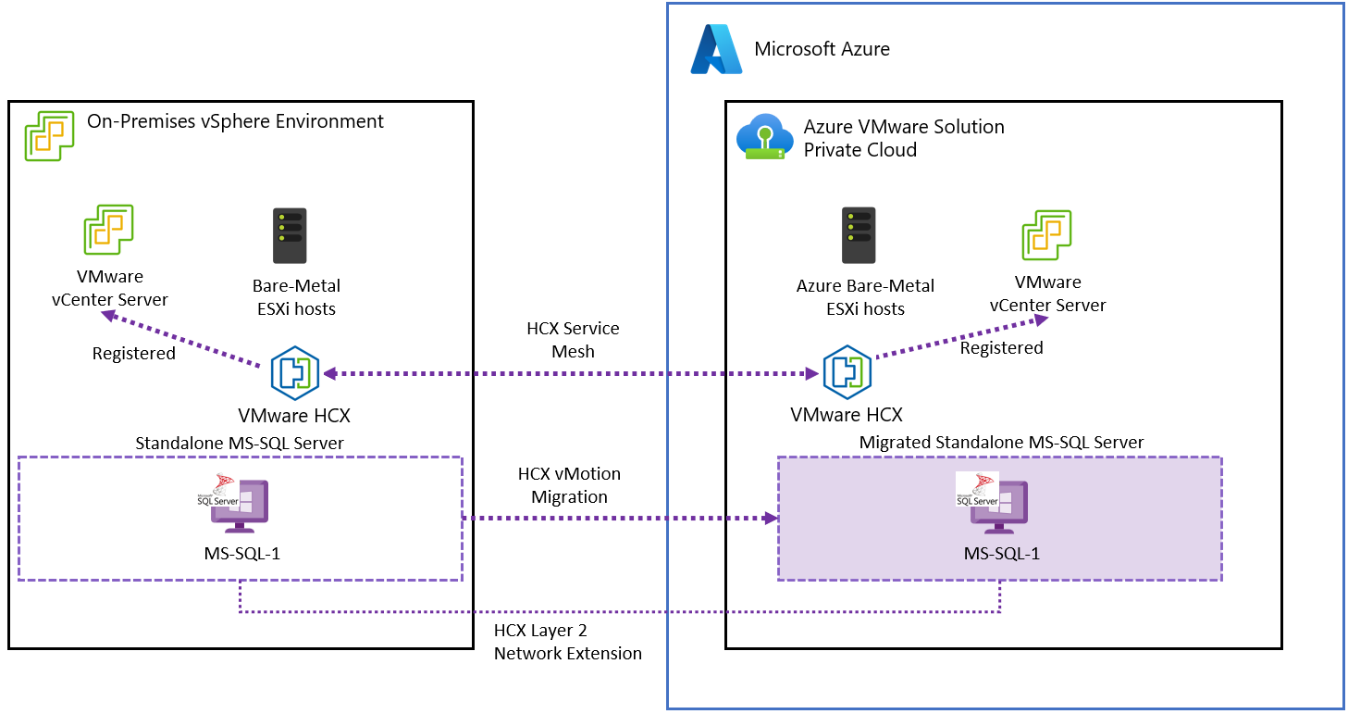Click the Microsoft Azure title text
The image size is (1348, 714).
coord(822,49)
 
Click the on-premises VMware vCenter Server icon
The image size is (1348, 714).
coord(109,230)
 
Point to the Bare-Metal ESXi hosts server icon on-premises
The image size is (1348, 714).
coord(290,235)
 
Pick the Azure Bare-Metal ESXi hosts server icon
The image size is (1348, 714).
coord(859,235)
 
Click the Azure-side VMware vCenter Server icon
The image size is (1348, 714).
coord(1046,235)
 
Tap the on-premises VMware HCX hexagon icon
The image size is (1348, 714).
coord(295,373)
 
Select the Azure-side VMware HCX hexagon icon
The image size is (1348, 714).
coord(847,373)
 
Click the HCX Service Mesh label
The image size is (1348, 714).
coord(573,340)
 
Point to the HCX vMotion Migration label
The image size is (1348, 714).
coord(569,485)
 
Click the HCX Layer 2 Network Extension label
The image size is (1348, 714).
coord(567,642)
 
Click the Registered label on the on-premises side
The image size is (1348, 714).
coord(134,354)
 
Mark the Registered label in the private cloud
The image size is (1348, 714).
coord(1001,348)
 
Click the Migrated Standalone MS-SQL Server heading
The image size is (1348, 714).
coord(1001,443)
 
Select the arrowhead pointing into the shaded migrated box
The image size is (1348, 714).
coord(770,519)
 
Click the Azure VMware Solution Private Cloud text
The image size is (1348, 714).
coord(903,138)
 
